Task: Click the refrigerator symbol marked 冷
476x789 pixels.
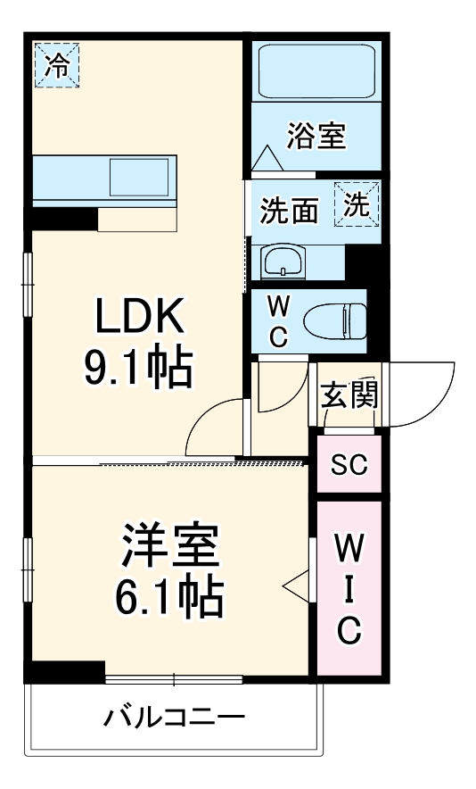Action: tap(56, 65)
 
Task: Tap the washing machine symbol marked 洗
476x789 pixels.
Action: tap(357, 204)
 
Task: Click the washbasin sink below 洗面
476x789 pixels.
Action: tap(283, 262)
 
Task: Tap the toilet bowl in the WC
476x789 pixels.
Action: tap(334, 319)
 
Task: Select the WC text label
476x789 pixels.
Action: tap(278, 321)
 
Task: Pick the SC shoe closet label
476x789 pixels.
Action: tap(349, 464)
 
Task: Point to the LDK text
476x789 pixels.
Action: tap(140, 317)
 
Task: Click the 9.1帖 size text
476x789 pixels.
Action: tap(138, 366)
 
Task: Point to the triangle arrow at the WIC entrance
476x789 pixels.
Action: tap(295, 586)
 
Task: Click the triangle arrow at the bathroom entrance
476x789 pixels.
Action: tap(267, 159)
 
